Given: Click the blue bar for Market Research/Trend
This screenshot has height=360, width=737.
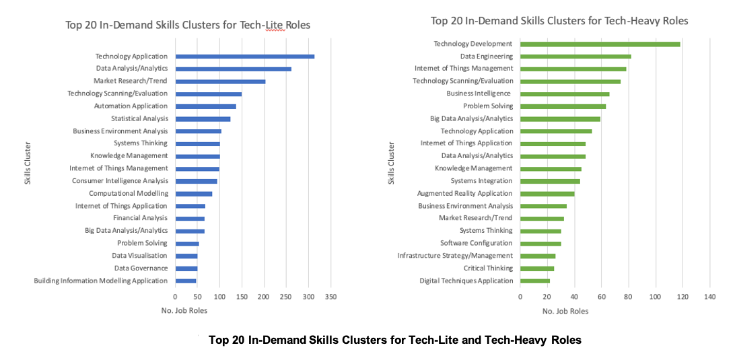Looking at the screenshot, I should [220, 81].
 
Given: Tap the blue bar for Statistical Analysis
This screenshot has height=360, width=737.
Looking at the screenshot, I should [203, 119].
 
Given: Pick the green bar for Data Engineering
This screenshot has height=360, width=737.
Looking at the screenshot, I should [575, 57].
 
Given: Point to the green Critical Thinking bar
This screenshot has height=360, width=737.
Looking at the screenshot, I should [537, 268].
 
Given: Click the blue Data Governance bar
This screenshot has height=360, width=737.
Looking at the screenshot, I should [186, 268].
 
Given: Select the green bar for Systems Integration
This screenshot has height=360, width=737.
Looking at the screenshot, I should [550, 181].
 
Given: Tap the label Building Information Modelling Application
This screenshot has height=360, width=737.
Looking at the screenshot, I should [101, 281].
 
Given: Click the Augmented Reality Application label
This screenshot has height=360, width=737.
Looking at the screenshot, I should [465, 194].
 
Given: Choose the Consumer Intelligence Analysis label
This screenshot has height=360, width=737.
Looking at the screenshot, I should [120, 181].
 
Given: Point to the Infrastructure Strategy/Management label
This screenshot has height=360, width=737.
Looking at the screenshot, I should [455, 256].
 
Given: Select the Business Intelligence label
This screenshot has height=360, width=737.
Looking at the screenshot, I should [479, 94].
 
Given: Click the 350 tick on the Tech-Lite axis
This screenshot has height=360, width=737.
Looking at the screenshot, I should [330, 296].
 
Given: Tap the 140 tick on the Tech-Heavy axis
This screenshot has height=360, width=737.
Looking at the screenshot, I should [709, 296].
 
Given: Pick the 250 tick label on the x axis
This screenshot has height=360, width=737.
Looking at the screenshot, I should [286, 296].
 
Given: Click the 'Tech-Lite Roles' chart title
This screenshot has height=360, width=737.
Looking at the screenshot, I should [188, 26].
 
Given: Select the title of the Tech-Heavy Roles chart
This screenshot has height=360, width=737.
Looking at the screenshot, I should [559, 21].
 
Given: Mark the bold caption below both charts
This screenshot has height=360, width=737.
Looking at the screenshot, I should [395, 340].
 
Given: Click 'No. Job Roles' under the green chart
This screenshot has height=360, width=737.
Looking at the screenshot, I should [565, 312].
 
